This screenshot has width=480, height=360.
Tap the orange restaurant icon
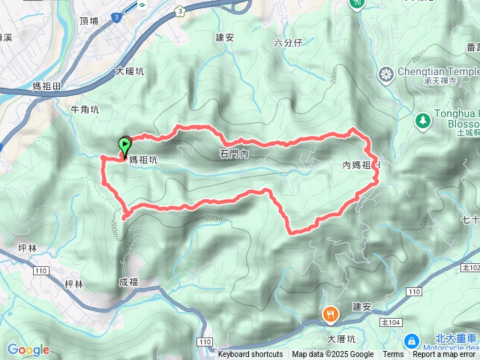coord(329,315)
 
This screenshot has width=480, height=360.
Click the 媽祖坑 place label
coord(142,160)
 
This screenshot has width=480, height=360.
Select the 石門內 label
coord(234,154)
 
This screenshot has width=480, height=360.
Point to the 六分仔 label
coord(287,43)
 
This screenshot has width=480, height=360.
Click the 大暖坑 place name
coord(130,73)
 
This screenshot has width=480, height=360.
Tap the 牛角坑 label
coord(85,109)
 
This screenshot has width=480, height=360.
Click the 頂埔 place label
coord(88,21)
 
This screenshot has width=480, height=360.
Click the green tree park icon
coord(423,119)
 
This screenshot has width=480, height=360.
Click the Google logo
coord(28,349)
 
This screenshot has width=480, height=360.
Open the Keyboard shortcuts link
coord(250,355)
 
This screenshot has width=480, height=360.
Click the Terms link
coord(393,355)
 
